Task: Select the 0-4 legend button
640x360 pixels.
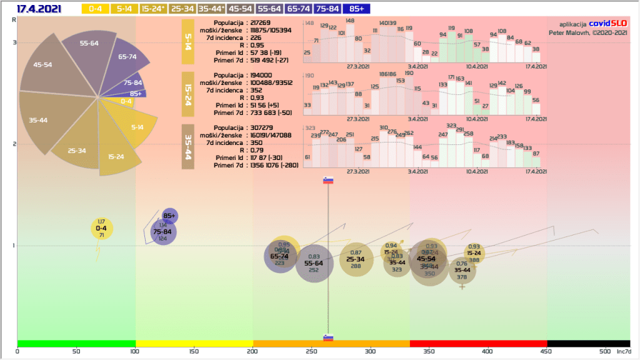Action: (95, 9)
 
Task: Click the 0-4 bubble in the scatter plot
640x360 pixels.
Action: (101, 229)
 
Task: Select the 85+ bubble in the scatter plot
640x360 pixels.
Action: (169, 216)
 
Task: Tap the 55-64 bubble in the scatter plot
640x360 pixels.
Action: (314, 264)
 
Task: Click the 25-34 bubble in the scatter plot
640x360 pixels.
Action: (356, 259)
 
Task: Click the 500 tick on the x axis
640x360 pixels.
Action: (605, 352)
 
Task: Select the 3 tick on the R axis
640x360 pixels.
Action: (13, 42)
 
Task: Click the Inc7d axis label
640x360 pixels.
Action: (624, 352)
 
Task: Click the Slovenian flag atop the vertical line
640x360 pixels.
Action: (328, 181)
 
